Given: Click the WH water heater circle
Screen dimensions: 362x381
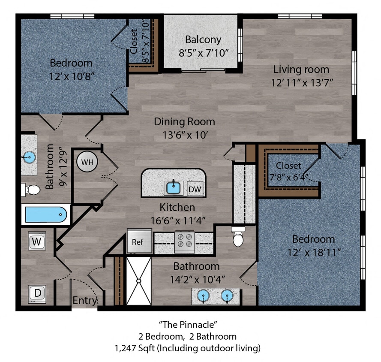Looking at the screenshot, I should (x=87, y=162).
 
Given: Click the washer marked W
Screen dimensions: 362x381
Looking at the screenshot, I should (x=37, y=241).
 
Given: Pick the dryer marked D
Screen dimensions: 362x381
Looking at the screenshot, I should (x=37, y=294).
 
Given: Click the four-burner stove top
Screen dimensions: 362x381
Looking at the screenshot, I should (x=184, y=241).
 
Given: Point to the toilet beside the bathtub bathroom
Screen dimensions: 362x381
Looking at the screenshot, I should (x=30, y=189).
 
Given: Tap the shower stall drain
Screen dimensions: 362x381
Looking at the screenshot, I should (x=139, y=281).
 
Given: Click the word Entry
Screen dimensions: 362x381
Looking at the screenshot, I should (x=84, y=301).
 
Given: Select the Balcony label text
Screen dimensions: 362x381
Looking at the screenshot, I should (x=203, y=40).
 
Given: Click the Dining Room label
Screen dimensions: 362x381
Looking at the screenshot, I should (x=184, y=122).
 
